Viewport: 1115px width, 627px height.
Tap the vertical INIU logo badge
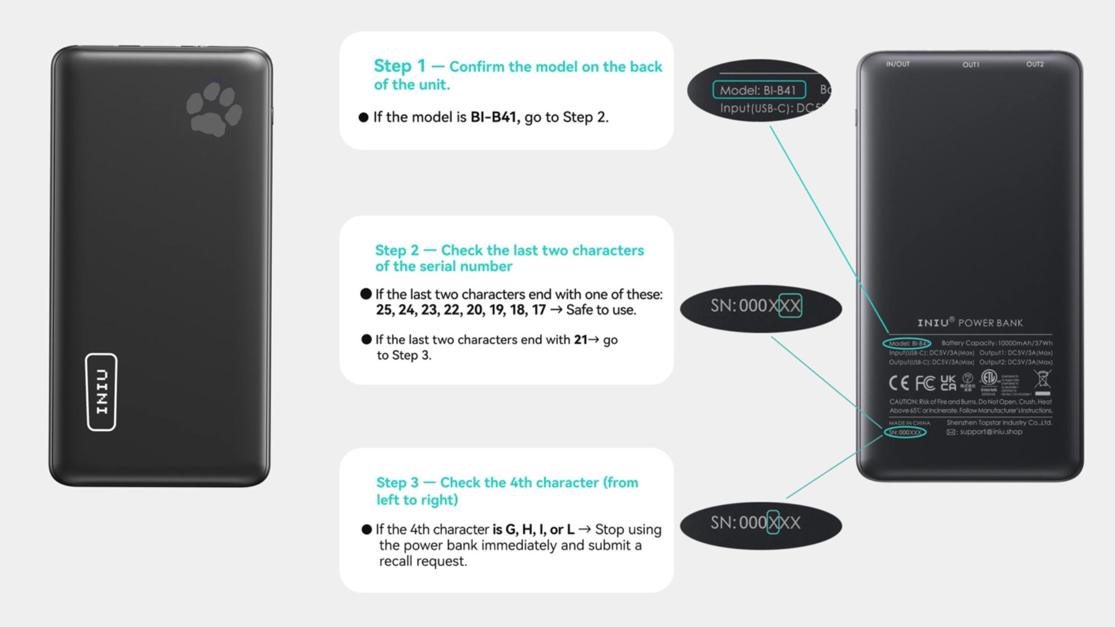pyautogui.click(x=102, y=392)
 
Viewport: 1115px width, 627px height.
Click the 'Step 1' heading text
pyautogui.click(x=400, y=66)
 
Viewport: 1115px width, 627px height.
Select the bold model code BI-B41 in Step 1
pyautogui.click(x=494, y=117)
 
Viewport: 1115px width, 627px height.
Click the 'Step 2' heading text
pyautogui.click(x=397, y=251)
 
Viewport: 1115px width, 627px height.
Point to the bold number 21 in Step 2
pyautogui.click(x=580, y=340)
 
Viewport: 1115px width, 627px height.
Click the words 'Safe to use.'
pyautogui.click(x=601, y=310)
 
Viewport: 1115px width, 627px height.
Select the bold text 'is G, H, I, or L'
pyautogui.click(x=533, y=529)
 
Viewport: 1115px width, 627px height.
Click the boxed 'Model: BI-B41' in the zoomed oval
pyautogui.click(x=758, y=91)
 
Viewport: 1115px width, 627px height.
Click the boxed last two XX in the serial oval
pyautogui.click(x=790, y=306)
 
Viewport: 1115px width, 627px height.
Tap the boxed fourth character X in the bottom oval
pyautogui.click(x=773, y=522)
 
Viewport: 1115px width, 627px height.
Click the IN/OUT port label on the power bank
pyautogui.click(x=898, y=64)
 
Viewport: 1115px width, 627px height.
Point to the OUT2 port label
pyautogui.click(x=1035, y=64)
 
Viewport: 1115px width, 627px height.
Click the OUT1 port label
pyautogui.click(x=971, y=65)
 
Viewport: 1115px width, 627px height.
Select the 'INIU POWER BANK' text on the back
pyautogui.click(x=970, y=323)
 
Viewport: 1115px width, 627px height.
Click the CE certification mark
pyautogui.click(x=899, y=383)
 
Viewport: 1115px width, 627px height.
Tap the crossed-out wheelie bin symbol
pyautogui.click(x=1042, y=380)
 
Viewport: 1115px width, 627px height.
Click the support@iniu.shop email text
pyautogui.click(x=991, y=432)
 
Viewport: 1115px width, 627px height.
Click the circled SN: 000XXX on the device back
pyautogui.click(x=905, y=433)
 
